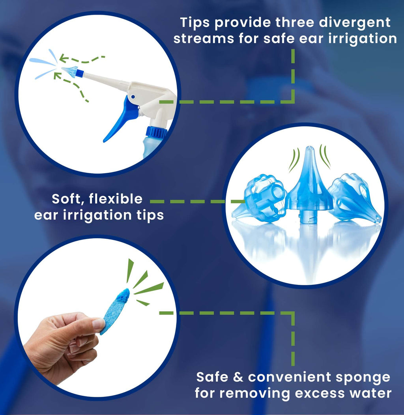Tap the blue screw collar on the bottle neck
point(156,131)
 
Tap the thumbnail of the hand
point(99,324)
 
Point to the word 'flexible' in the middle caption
point(116,199)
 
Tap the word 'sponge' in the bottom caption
point(363,378)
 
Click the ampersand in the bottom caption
point(238,377)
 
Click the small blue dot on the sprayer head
point(133,97)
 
